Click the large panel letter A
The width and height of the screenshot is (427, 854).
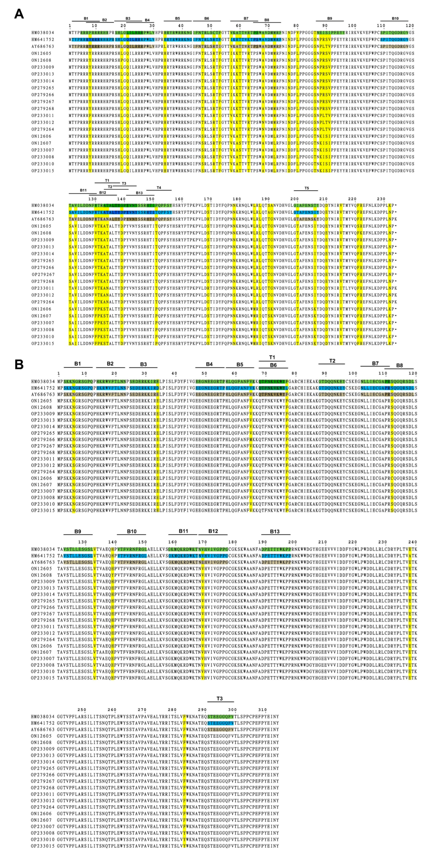pos(19,14)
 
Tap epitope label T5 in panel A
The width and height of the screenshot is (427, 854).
pos(306,188)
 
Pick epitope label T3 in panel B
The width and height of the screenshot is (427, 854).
pos(220,699)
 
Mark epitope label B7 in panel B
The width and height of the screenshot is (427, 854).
pos(375,363)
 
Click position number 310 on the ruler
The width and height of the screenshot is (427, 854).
pos(262,710)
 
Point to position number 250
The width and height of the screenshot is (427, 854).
pos(82,710)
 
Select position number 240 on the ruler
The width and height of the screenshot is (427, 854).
pos(412,542)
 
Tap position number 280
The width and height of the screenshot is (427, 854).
pos(172,710)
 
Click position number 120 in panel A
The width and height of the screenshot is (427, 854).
pos(410,26)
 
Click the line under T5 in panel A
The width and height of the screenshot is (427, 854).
pos(306,191)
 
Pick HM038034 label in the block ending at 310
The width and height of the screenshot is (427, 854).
pos(43,717)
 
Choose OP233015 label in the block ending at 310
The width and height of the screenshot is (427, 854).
pos(43,846)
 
